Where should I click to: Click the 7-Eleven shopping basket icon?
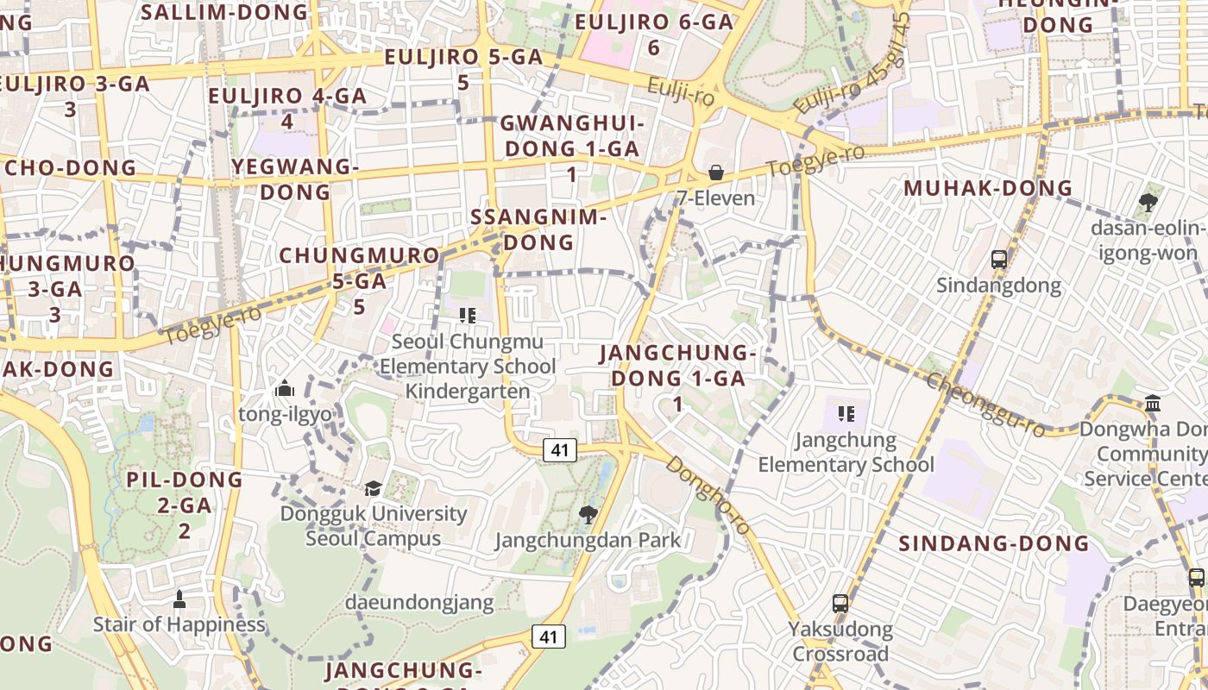point(715,172)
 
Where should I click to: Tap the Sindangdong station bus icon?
point(998,259)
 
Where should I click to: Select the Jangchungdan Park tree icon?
point(588,515)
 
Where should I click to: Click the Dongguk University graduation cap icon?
point(373,488)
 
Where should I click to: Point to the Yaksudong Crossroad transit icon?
point(840,604)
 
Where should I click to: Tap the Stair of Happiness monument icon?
point(179,599)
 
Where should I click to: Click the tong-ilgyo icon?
point(285,389)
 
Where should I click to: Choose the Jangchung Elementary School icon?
point(846,414)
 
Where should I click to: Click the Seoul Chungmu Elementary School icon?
point(468,316)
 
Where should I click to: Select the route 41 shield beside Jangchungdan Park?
point(559,449)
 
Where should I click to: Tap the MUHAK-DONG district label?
point(987,188)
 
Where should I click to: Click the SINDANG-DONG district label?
point(994,543)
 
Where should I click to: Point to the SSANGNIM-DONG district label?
point(539,229)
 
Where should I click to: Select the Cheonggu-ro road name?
point(984,405)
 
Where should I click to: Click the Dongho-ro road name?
point(708,495)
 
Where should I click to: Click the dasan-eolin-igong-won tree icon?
point(1148,203)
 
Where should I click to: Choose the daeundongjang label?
point(419,602)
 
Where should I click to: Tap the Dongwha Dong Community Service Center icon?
point(1153,404)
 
